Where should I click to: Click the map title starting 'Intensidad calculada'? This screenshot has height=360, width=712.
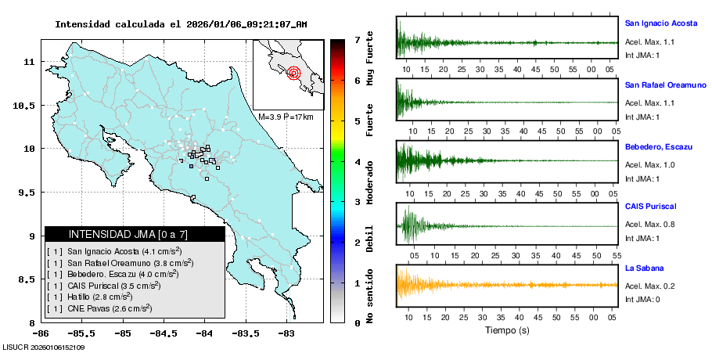tap(181, 24)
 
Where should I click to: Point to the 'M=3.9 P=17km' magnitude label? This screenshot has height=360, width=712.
tap(286, 117)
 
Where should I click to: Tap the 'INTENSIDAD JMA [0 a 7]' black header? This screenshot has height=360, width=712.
tap(135, 234)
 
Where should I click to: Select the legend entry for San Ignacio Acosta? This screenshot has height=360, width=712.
tap(124, 251)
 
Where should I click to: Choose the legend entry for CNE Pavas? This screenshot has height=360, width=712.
tap(110, 309)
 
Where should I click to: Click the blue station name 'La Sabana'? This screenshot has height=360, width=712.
tap(644, 268)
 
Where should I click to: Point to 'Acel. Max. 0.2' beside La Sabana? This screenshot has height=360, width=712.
tap(650, 286)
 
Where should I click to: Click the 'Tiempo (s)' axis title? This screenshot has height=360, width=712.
tap(507, 329)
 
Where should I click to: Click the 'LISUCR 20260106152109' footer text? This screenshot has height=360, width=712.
tap(44, 347)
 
